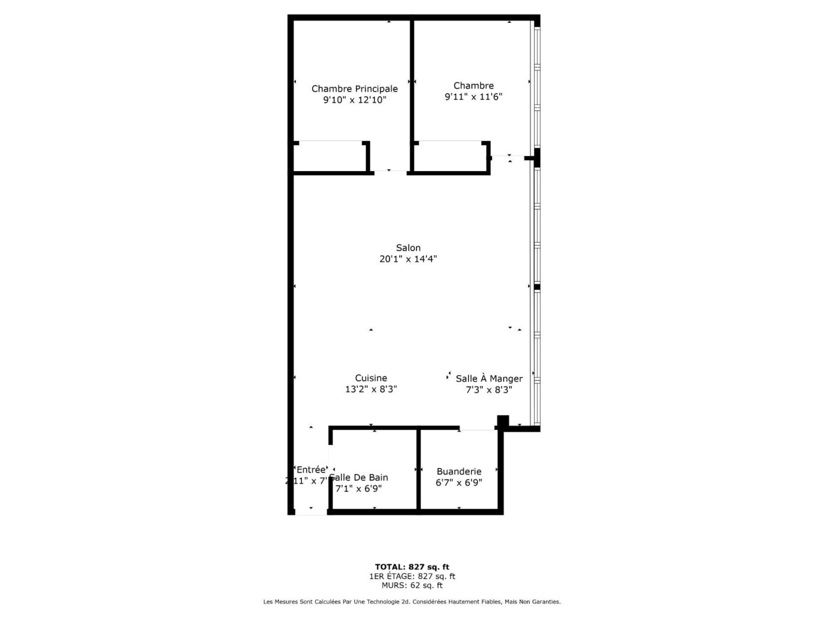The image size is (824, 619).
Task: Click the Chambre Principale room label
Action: point(354,89)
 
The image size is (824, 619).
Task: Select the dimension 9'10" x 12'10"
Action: point(354,101)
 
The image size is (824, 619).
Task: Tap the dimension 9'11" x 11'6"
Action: point(473,97)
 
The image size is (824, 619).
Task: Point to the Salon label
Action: point(408,248)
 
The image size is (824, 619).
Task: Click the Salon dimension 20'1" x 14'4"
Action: point(408,260)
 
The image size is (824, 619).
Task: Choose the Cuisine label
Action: point(370,379)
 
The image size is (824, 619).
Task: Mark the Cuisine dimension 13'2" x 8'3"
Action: point(370,390)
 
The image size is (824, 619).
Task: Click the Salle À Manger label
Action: point(488,379)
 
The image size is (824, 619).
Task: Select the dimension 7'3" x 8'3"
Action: point(488,390)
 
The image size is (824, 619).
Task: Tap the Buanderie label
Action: point(459,472)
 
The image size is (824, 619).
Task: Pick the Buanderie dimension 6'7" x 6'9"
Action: point(459,483)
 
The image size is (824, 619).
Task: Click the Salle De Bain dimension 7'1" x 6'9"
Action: point(358,489)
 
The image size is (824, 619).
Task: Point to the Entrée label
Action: point(311,470)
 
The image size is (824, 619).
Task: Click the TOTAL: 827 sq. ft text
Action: point(412,567)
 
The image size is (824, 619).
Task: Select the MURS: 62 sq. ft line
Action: point(412,585)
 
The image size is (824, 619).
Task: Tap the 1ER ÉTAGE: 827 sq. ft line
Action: point(412,576)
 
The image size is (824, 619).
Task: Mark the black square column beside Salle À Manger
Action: point(503,421)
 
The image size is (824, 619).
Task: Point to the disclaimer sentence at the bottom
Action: point(412,602)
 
